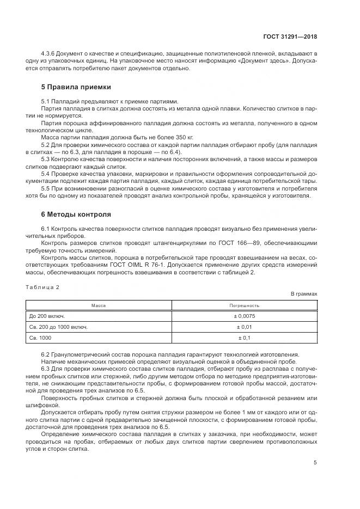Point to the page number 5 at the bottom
tap(315, 462)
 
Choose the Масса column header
tap(99, 305)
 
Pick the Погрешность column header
tap(244, 305)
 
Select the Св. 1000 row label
tap(41, 338)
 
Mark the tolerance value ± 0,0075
tap(244, 316)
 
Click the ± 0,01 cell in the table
tap(244, 327)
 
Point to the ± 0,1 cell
tap(244, 338)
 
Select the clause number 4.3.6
tap(49, 54)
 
